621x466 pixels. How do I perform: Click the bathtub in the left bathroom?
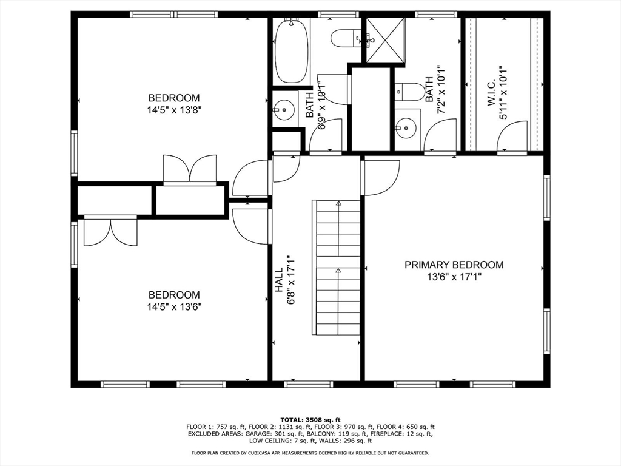(x=291, y=50)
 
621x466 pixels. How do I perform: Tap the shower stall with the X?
(x=386, y=41)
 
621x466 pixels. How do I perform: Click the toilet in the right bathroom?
(x=411, y=92)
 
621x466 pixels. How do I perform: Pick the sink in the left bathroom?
(x=282, y=111)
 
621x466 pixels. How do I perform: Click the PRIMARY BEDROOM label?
(x=454, y=265)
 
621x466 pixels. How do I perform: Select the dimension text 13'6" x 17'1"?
(x=454, y=277)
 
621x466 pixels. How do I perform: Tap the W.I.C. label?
(x=492, y=92)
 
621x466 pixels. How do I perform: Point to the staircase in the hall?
(x=337, y=267)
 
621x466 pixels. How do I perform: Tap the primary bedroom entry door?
(x=381, y=178)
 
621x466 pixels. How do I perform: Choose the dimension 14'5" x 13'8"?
(x=174, y=110)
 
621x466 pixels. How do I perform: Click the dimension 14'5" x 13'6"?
(x=174, y=307)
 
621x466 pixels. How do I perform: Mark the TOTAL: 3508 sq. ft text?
(x=310, y=419)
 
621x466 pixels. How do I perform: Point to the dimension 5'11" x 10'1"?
(x=503, y=92)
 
